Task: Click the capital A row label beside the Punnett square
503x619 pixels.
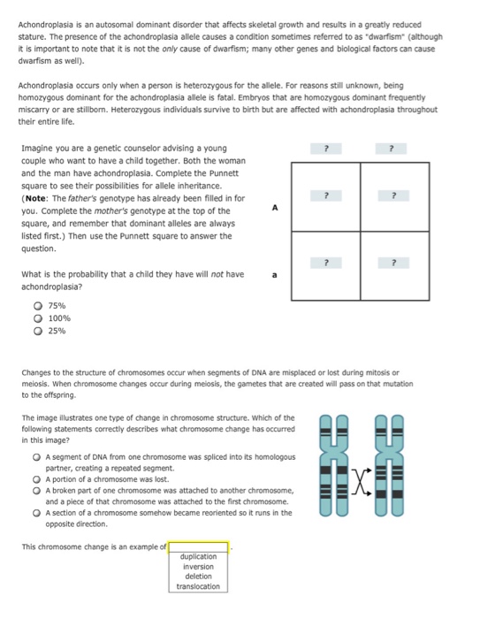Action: pyautogui.click(x=274, y=208)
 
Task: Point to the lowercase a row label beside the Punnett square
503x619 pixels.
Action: pyautogui.click(x=274, y=275)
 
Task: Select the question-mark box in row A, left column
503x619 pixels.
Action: pyautogui.click(x=326, y=195)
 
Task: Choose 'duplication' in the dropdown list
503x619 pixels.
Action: pyautogui.click(x=198, y=556)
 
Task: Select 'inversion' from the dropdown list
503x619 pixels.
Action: pyautogui.click(x=198, y=566)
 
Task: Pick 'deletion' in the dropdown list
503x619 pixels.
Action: pyautogui.click(x=198, y=576)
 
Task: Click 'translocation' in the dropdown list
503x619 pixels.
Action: pyautogui.click(x=198, y=586)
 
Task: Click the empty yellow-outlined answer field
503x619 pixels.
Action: pyautogui.click(x=198, y=546)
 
